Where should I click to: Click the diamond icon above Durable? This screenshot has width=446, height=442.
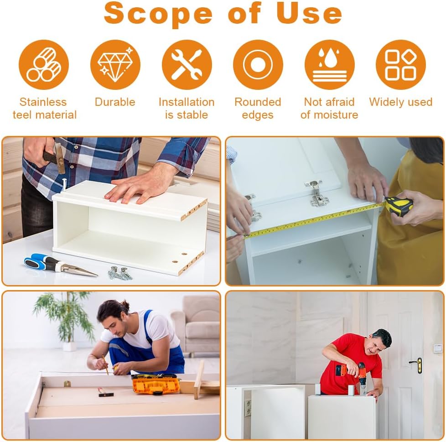tap(115, 65)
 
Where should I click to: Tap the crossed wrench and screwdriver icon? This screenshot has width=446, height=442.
tap(187, 65)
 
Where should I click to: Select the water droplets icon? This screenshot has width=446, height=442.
tap(329, 65)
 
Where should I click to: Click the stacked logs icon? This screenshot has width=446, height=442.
tap(44, 65)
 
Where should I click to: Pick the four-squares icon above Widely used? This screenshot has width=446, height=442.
tap(401, 65)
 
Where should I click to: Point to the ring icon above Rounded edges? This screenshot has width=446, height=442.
tap(258, 65)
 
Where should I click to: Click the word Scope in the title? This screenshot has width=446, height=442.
tap(158, 14)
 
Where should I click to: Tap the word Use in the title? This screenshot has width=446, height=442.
tap(309, 13)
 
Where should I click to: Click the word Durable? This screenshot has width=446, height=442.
tap(115, 102)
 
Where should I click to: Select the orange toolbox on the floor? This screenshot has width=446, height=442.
tap(156, 384)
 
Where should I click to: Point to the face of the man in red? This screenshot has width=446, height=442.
tap(376, 346)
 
